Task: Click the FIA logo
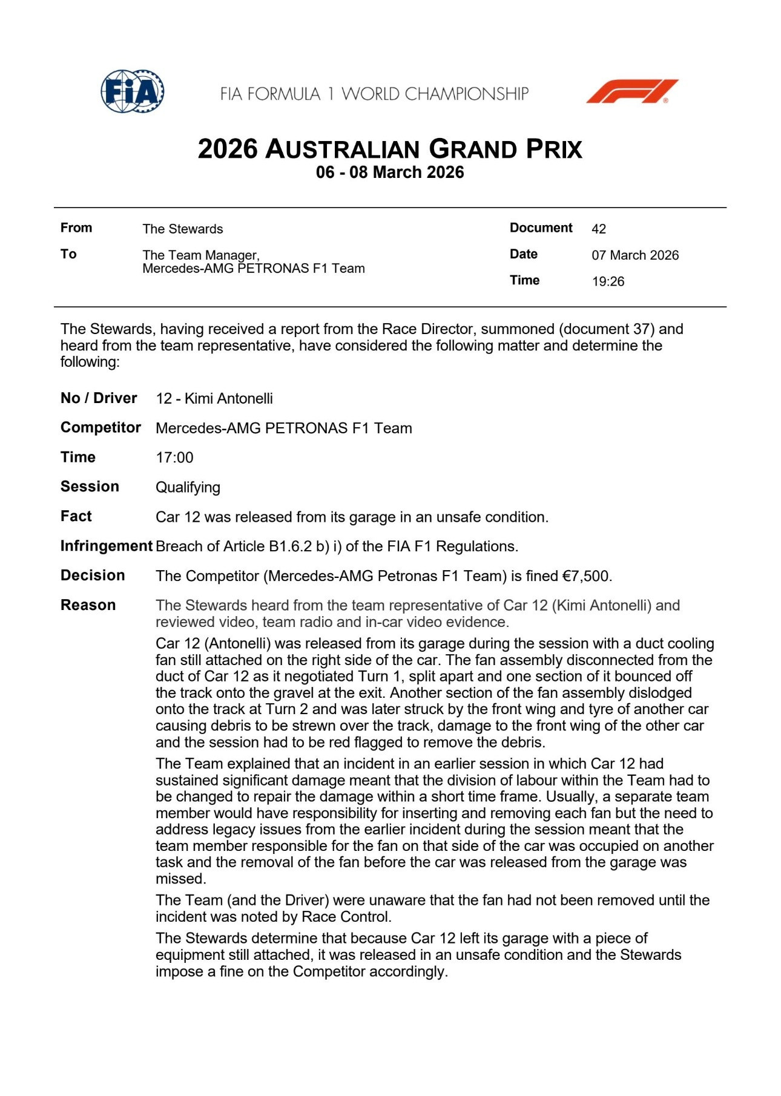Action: tap(133, 91)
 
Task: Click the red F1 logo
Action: tap(632, 91)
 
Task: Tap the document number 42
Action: tap(598, 229)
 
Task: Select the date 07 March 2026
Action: tap(635, 255)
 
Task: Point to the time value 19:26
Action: tap(608, 281)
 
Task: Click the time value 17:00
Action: tap(174, 458)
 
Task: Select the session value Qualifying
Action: tap(188, 487)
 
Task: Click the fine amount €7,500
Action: tap(586, 576)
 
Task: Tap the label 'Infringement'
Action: tap(106, 546)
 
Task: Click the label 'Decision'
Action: tap(93, 576)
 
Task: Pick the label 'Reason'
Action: tap(88, 605)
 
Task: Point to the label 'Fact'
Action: tap(76, 516)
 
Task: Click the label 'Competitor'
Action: tap(101, 428)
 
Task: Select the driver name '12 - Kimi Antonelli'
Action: tap(214, 398)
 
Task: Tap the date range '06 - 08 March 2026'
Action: tap(390, 172)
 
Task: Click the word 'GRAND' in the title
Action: tap(473, 149)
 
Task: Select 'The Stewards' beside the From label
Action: tap(183, 229)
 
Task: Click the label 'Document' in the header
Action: tap(541, 228)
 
